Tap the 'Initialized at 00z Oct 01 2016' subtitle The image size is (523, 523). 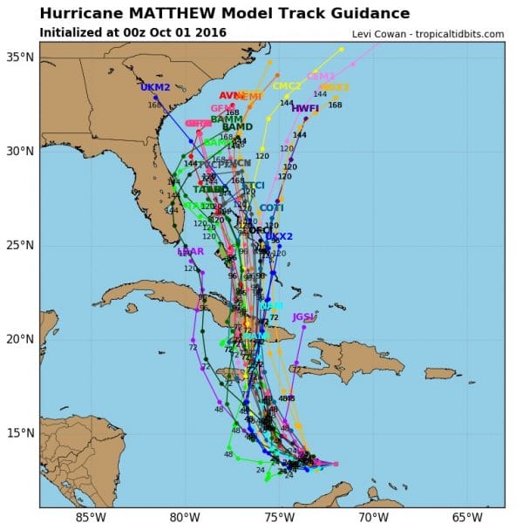tap(133, 32)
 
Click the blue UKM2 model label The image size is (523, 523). tap(155, 88)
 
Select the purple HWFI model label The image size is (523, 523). tap(305, 109)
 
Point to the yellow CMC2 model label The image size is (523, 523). tap(287, 86)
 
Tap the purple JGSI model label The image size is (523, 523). tap(302, 316)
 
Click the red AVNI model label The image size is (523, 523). tap(231, 96)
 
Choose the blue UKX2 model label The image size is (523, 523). tap(279, 236)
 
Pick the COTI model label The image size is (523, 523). tap(271, 207)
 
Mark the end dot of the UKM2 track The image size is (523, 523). tap(156, 98)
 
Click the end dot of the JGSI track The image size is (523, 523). tap(303, 326)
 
